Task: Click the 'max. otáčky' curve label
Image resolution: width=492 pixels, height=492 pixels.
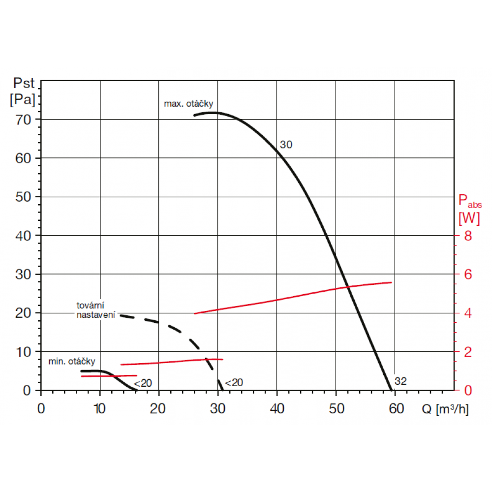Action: pyautogui.click(x=188, y=104)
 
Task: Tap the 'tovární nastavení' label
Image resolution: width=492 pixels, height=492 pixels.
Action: pyautogui.click(x=95, y=310)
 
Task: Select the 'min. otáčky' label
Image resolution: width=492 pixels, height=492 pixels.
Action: pyautogui.click(x=71, y=362)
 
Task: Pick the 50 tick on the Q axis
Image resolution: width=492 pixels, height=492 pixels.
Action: pyautogui.click(x=336, y=409)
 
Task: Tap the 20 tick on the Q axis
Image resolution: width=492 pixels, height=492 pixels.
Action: pyautogui.click(x=159, y=409)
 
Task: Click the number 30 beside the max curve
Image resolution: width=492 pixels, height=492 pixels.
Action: pyautogui.click(x=286, y=145)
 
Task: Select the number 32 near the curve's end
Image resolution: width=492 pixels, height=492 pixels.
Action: pyautogui.click(x=400, y=381)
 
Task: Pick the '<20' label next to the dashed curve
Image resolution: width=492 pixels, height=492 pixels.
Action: pyautogui.click(x=234, y=383)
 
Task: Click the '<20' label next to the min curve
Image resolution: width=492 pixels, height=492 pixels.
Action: pyautogui.click(x=143, y=383)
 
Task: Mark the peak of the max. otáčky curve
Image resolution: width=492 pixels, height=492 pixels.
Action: pyautogui.click(x=213, y=113)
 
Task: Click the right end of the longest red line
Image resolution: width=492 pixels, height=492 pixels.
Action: pyautogui.click(x=392, y=282)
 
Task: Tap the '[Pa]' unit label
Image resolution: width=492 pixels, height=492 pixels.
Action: pyautogui.click(x=23, y=99)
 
